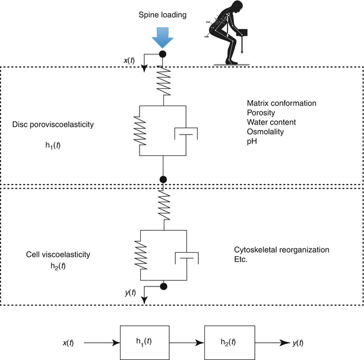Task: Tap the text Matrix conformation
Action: point(280,103)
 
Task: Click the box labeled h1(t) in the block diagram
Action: point(145,343)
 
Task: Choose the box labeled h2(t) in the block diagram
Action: point(228,343)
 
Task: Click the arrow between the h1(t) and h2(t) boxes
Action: point(186,343)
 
